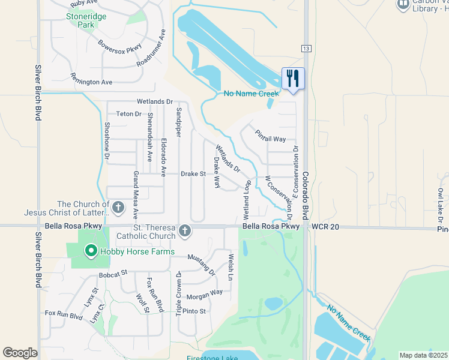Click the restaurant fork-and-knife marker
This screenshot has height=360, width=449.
point(293,78)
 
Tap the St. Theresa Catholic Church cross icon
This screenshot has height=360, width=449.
point(185,230)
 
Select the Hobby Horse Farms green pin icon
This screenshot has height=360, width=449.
point(91,251)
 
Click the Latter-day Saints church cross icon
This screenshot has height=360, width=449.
point(118,208)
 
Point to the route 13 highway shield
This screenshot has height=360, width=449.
point(306,48)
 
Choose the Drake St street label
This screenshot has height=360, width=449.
point(193,174)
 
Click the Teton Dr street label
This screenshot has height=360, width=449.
point(128,113)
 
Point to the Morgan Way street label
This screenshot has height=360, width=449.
point(204,295)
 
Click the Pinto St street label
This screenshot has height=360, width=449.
point(194,311)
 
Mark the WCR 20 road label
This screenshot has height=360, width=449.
point(326,226)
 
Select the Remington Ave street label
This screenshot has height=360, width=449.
point(91,81)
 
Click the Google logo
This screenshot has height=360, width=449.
point(20,353)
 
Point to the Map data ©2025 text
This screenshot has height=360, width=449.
point(423,355)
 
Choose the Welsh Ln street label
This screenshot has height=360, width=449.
point(231,268)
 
